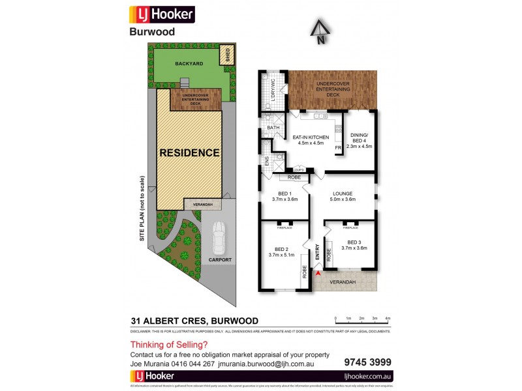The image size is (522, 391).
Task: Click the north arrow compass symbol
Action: [320, 31]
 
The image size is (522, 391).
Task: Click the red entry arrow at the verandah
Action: [318, 274]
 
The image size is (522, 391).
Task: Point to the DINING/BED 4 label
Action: [359, 139]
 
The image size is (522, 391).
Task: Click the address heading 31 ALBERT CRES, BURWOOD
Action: [194, 320]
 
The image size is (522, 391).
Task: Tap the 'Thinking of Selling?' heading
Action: [169, 345]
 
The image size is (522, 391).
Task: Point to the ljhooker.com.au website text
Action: [363, 377]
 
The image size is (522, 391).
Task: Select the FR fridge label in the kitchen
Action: [338, 148]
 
